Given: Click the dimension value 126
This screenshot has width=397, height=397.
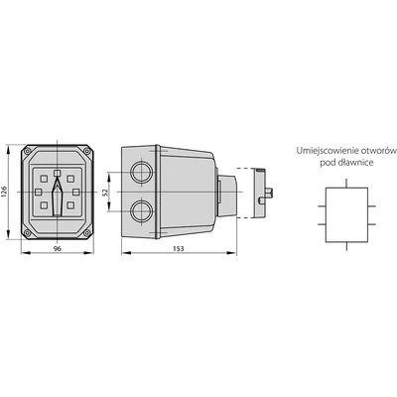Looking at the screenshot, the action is point(4,192).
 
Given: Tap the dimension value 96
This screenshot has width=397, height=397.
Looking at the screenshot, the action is point(58,249).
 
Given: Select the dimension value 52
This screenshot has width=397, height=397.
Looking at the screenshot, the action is point(105,192).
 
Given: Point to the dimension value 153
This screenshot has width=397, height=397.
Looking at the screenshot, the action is point(179,249).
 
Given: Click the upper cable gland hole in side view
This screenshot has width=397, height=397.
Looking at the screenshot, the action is point(142,172).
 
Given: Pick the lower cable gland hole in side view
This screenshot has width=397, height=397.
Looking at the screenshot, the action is point(142,211).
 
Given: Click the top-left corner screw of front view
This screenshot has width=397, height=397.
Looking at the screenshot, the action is point(28,151).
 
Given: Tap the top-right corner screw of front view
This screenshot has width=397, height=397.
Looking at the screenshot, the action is point(86,151).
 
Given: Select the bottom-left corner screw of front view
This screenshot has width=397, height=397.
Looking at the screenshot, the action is point(28,233).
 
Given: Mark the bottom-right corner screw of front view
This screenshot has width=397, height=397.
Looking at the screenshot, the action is point(86,233).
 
